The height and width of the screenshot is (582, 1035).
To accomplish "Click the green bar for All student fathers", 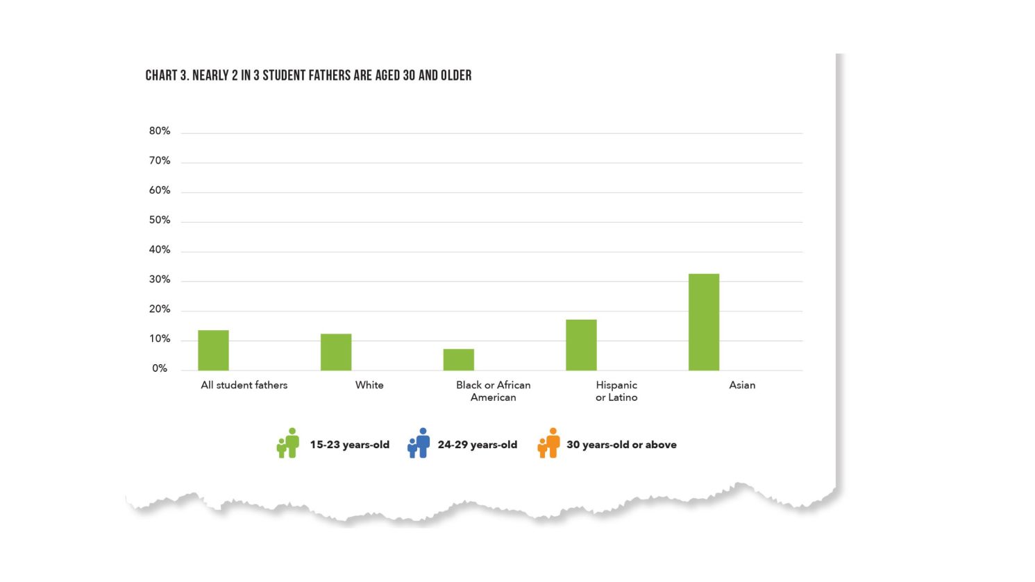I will point(213,350).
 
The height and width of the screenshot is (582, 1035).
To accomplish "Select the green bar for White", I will point(336,352).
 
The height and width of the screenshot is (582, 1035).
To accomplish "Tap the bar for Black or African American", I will point(459,360).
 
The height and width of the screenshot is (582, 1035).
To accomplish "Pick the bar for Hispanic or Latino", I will point(581,345).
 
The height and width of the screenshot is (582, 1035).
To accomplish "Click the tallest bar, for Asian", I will point(704,322).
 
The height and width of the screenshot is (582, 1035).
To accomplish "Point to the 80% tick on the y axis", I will point(160,131).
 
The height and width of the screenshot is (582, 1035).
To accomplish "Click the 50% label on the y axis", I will point(160,220).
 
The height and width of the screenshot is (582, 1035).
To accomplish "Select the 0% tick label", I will point(160,368).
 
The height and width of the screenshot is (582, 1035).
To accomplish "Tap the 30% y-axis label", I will point(160,280).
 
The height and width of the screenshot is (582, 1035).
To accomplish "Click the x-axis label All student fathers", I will point(244,385).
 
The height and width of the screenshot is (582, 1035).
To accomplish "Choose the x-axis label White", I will point(369,385).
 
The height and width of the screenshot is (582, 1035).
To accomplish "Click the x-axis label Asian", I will point(742,385).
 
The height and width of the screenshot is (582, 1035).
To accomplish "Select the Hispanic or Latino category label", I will point(616,391).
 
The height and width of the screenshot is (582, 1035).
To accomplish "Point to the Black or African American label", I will point(493,391).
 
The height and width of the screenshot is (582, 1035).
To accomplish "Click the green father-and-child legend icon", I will point(288,443).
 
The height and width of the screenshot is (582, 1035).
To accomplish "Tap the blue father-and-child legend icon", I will point(419,443).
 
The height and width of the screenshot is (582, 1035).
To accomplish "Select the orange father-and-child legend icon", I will point(549,443).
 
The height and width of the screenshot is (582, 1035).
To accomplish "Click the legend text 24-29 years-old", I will point(477,445).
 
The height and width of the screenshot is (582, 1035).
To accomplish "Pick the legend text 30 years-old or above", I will point(621,445).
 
